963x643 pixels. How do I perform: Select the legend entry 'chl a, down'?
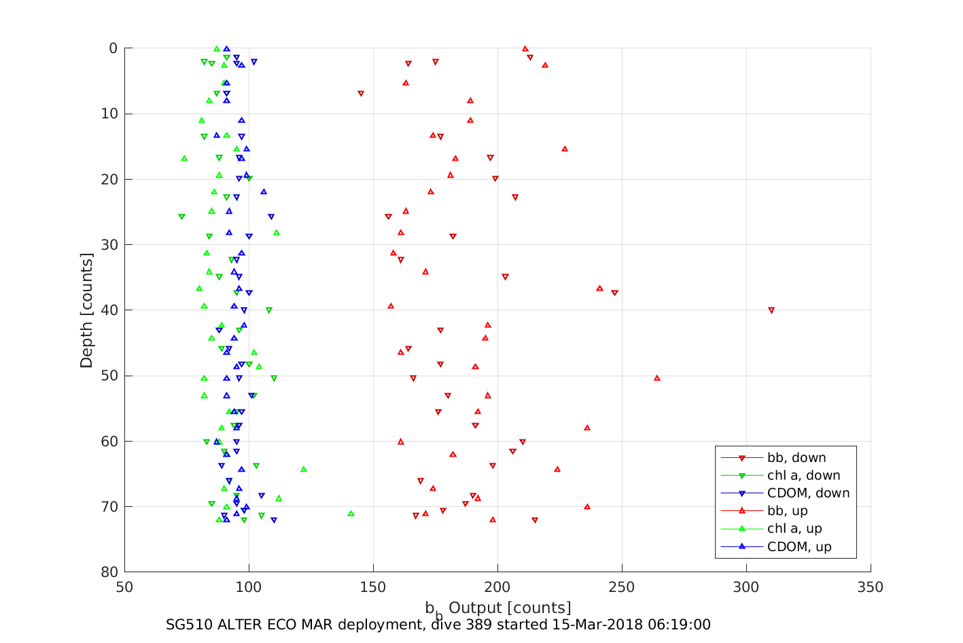803,476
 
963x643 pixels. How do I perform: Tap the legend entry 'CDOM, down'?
808,493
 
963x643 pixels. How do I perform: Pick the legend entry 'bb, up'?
787,511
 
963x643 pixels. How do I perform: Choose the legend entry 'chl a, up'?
794,529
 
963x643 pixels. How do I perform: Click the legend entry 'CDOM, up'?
799,546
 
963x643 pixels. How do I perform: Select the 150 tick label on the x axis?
373,587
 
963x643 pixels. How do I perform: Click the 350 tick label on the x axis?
871,587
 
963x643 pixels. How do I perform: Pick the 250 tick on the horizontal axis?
622,587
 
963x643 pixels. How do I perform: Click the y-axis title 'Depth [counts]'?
86,310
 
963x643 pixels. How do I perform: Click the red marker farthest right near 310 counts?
771,310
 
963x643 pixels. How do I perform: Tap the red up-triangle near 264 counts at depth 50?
657,378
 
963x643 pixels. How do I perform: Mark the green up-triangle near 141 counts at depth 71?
351,513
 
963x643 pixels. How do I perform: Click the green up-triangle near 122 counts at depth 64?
304,469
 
